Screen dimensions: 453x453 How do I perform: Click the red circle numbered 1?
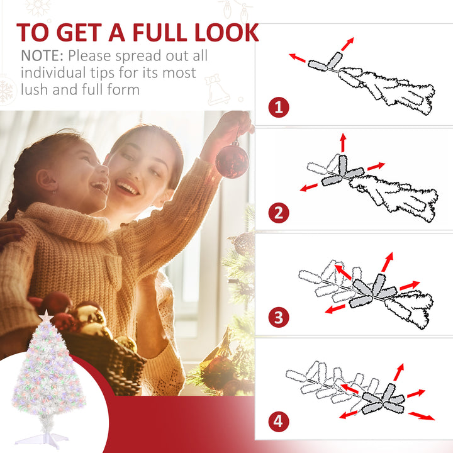point(279,107)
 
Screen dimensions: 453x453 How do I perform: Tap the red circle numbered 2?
point(279,213)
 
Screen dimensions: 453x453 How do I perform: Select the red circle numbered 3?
point(279,317)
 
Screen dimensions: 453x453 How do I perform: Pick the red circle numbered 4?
point(279,421)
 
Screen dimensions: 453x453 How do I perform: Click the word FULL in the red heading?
point(160,32)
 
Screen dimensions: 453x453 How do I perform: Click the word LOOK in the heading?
point(226,32)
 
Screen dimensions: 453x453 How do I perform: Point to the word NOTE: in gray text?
point(42,56)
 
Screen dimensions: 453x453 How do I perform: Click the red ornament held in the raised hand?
point(232,159)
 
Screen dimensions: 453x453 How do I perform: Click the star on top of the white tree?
point(46,315)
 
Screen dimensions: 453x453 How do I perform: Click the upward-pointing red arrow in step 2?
point(343,142)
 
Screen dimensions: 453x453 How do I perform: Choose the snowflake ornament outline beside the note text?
point(6,90)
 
